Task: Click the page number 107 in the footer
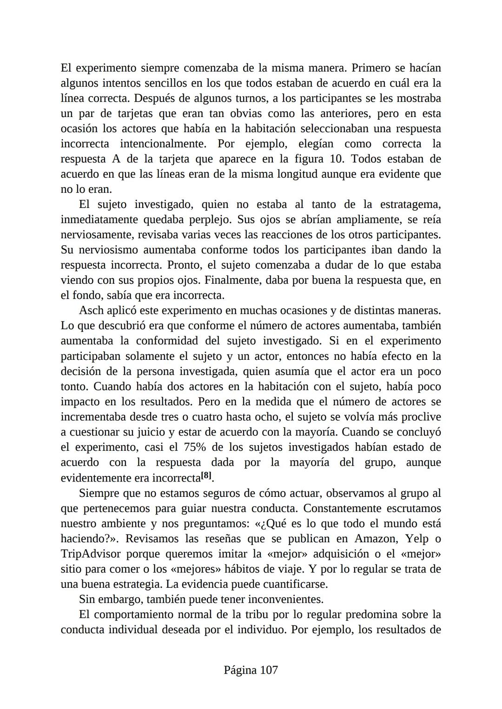point(269,670)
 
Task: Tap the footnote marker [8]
point(206,476)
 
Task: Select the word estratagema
point(410,204)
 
